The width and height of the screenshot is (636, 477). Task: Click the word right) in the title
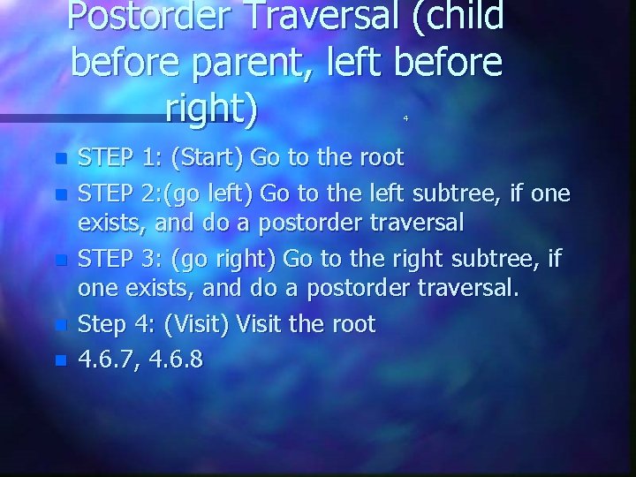point(211,108)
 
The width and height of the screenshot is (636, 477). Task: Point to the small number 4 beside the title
point(405,117)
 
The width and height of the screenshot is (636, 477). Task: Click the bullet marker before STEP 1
point(60,160)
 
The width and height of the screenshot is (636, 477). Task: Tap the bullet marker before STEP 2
point(60,193)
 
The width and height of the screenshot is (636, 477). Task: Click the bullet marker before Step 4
point(60,326)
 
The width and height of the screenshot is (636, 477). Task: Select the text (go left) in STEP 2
point(213,192)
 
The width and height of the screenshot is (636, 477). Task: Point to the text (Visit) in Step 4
point(198,324)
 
